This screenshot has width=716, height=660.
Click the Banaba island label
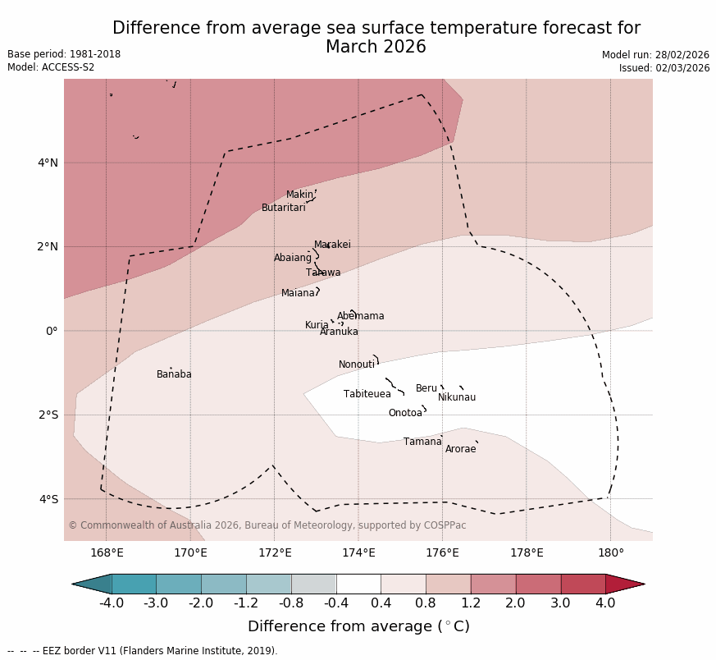174,374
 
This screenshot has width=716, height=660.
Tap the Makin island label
299,195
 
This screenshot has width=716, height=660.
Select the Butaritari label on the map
283,208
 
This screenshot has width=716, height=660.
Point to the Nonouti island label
357,364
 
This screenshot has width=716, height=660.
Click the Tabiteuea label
367,394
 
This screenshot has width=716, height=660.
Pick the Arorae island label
460,449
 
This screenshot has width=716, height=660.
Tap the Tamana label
422,442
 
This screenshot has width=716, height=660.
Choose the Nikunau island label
456,397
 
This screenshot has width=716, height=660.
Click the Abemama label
360,316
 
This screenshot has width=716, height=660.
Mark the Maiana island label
298,293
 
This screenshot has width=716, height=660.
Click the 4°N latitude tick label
48,163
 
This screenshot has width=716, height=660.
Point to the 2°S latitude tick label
48,415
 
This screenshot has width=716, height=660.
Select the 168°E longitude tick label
107,552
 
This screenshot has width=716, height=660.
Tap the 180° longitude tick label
610,552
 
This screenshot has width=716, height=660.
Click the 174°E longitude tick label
358,552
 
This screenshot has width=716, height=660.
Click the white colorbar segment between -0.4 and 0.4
358,584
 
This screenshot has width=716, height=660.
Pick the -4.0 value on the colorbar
112,603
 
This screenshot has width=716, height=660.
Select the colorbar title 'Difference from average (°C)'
358,626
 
